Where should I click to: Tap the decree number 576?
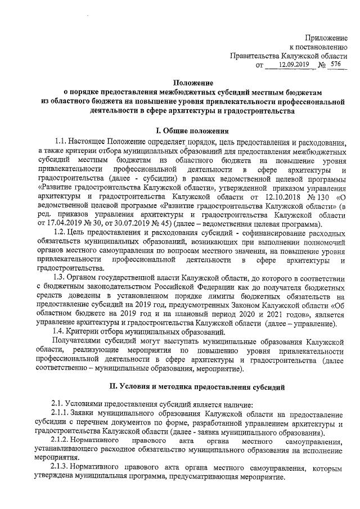coord(336,65)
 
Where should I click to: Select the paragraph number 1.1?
coord(62,141)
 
